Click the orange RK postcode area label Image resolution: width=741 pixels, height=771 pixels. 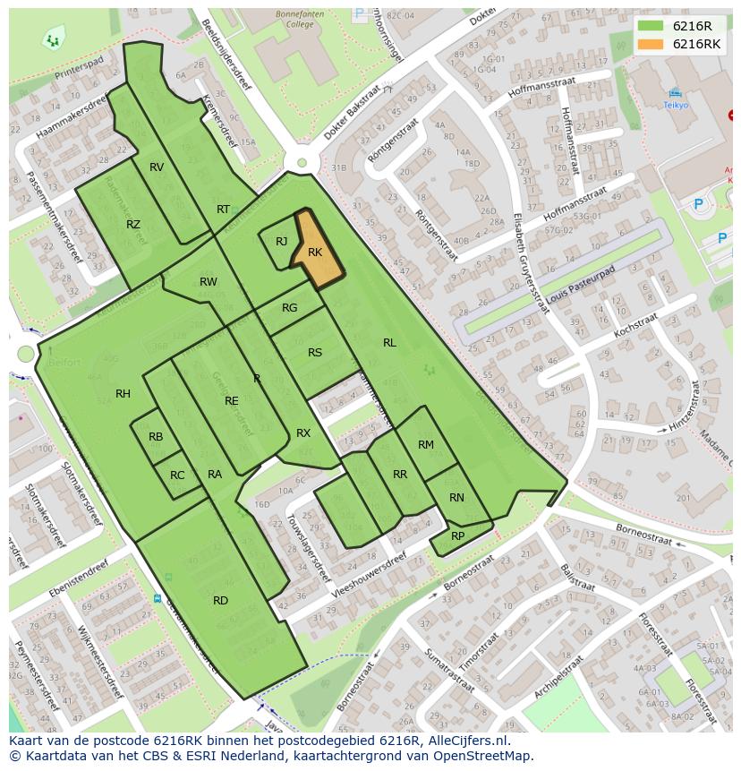[315, 253]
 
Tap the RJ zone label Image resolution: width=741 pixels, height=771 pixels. [282, 242]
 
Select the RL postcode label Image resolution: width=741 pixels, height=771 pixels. [389, 343]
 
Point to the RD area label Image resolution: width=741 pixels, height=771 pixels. [221, 601]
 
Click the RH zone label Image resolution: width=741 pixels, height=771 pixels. [123, 394]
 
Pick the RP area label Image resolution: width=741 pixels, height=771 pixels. [457, 536]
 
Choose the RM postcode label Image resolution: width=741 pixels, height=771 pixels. [426, 445]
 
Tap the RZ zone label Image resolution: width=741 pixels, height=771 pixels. [133, 225]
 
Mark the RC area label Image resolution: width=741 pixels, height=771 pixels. [177, 475]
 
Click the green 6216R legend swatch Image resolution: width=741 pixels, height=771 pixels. [650, 26]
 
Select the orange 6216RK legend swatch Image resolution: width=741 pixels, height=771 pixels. [650, 44]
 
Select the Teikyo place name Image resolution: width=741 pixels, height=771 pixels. [676, 105]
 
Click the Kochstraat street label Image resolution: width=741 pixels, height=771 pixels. [636, 325]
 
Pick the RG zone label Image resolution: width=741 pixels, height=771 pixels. [290, 308]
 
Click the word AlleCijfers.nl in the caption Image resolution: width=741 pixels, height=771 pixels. [466, 741]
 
